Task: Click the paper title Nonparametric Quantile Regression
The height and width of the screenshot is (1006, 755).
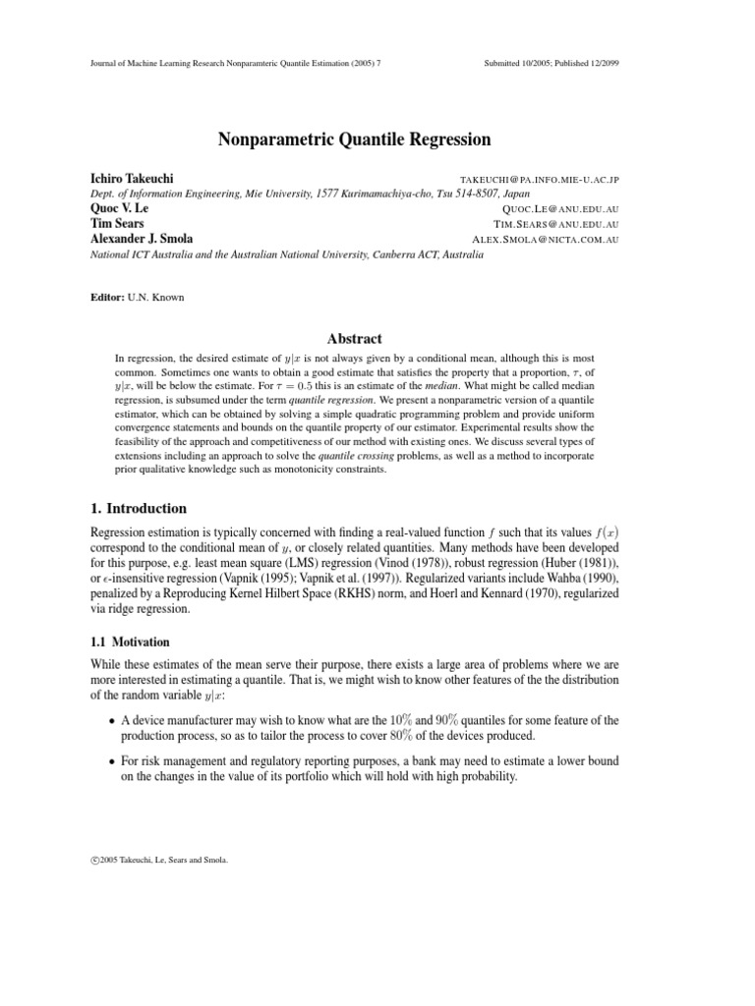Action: (x=353, y=140)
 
